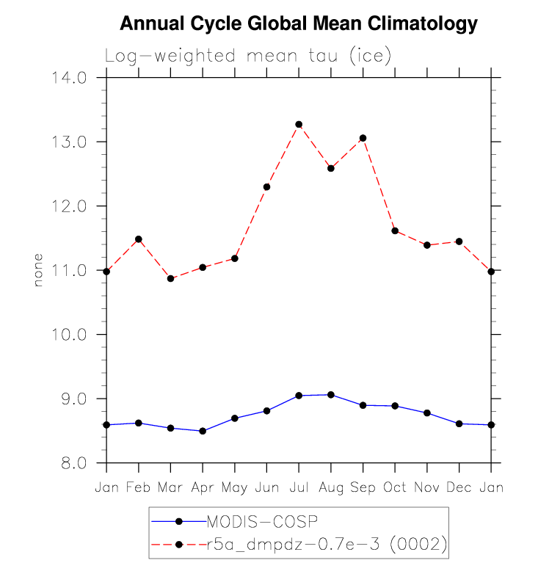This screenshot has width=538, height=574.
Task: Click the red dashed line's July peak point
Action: pos(299,125)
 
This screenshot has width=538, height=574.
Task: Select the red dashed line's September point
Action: pos(363,138)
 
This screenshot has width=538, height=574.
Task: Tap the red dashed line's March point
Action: pos(170,279)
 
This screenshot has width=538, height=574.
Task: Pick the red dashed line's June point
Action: pos(266,187)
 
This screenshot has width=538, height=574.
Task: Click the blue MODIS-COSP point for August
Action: pos(331,395)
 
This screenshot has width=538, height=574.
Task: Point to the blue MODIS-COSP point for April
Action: pos(203,431)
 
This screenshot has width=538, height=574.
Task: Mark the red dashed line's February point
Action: pos(138,239)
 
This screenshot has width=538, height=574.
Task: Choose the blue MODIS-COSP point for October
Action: pos(395,406)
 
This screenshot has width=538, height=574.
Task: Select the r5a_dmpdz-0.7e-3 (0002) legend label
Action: pos(327,544)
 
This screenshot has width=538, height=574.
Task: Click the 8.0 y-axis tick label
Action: pos(73,463)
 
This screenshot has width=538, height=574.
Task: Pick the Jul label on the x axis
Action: pos(299,488)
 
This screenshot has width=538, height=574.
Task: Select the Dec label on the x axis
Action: pos(459,488)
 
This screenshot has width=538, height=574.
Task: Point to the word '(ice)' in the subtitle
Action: pos(371,56)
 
